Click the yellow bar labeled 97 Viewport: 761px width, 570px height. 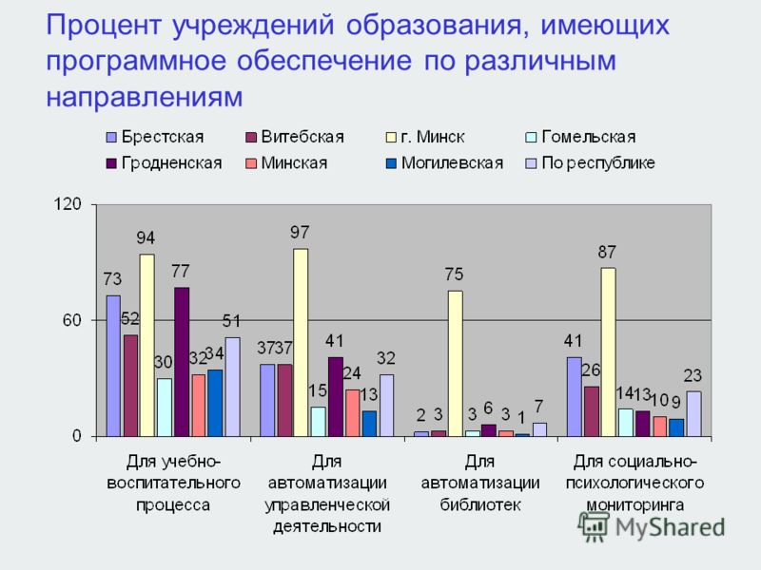pos(301,342)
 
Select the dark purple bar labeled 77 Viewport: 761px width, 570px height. pos(182,362)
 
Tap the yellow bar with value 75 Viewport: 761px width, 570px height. pos(456,364)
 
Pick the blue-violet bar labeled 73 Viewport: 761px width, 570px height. pos(113,366)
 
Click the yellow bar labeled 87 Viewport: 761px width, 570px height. pos(608,351)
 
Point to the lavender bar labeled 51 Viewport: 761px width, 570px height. pos(232,387)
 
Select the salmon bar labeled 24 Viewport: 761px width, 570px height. pos(352,413)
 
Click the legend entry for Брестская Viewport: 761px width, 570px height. pos(155,137)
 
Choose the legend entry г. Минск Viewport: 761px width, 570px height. pos(425,137)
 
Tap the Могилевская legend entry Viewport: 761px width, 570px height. pos(444,163)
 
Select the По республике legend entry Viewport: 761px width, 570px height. pos(590,163)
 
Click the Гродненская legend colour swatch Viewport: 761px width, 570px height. pos(111,163)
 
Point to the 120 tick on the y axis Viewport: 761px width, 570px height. pos(68,204)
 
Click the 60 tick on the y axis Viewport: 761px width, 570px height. pos(72,320)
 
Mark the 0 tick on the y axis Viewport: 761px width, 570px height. pos(77,436)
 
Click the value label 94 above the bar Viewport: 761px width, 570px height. pos(146,238)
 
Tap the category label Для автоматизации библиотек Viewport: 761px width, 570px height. pos(480,484)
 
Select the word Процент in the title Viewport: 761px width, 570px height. pos(104,26)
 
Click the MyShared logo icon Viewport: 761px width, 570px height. pos(593,527)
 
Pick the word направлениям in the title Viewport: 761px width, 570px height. pos(145,97)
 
